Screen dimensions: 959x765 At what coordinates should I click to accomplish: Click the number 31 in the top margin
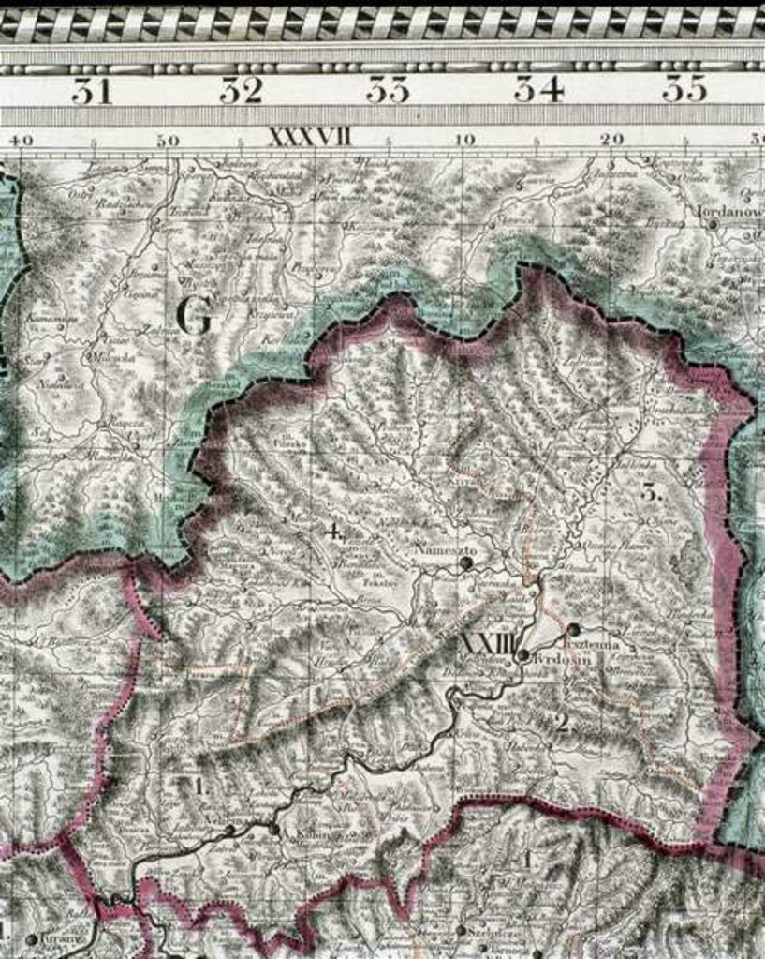(92, 90)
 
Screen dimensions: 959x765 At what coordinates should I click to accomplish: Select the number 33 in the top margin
(388, 90)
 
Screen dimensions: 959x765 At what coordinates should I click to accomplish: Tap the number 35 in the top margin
(684, 90)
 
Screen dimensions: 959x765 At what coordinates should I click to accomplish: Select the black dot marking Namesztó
(465, 562)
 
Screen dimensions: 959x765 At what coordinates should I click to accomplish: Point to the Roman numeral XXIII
(487, 644)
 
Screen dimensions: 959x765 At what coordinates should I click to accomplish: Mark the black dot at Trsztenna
(573, 629)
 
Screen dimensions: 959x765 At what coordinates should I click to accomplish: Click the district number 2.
(562, 722)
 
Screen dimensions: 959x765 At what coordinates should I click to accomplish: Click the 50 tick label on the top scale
(168, 141)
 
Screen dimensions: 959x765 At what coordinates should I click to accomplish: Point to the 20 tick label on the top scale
(612, 139)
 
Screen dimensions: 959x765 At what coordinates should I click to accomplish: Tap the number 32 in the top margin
(241, 90)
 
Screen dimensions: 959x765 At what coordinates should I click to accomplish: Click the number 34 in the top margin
(537, 90)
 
